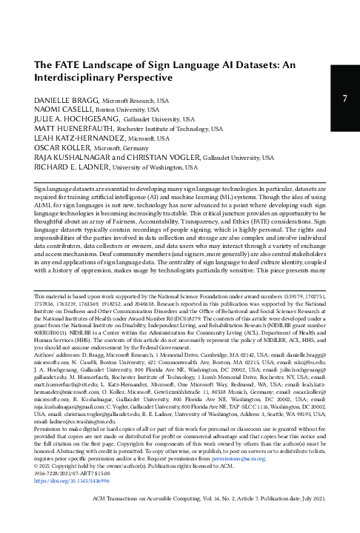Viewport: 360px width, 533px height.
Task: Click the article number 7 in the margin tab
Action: pos(345,99)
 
